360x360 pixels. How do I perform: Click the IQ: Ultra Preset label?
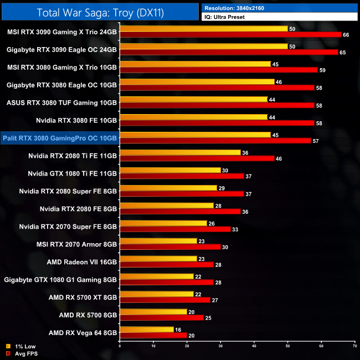click(224, 17)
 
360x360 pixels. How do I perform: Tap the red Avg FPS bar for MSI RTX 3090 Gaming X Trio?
click(230, 34)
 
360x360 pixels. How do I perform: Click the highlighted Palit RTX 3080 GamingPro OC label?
click(60, 138)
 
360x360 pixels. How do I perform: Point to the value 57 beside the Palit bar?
click(315, 141)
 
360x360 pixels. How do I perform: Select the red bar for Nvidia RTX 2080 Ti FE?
click(197, 158)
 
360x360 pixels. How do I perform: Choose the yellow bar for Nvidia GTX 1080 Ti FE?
click(170, 170)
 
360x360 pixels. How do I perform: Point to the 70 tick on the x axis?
click(354, 345)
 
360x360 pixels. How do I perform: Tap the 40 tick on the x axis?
click(254, 345)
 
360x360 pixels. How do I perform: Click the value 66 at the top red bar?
click(347, 34)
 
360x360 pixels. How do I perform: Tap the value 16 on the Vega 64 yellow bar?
click(178, 329)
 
